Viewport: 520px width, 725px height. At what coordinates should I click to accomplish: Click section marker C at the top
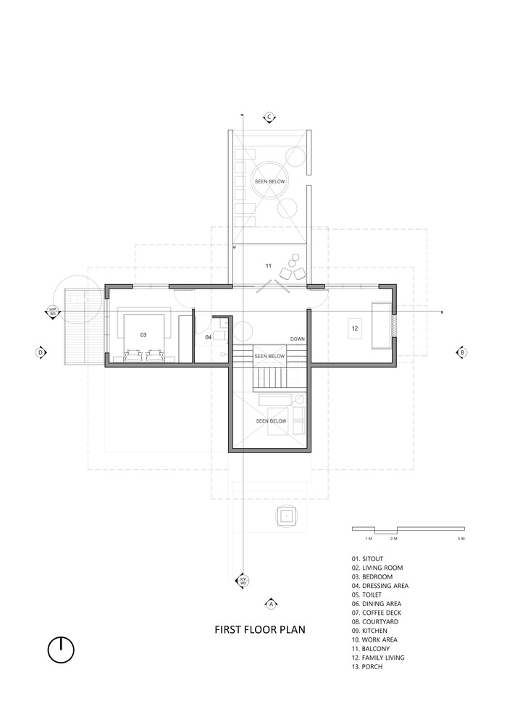click(269, 116)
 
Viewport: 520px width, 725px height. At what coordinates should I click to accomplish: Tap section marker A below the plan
click(270, 603)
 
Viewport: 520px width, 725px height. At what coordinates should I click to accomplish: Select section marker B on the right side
click(461, 352)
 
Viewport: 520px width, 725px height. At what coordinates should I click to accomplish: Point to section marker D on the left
click(41, 352)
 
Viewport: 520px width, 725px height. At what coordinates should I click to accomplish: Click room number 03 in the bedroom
click(143, 335)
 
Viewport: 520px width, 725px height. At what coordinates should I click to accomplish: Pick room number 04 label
click(209, 337)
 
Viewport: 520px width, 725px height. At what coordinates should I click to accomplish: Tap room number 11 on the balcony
click(268, 266)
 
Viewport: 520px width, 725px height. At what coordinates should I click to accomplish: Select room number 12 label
click(355, 328)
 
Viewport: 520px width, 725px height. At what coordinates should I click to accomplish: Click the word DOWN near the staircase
click(298, 339)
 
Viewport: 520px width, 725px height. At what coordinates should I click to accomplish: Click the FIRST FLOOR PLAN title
click(259, 630)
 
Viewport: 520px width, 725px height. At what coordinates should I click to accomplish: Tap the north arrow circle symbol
click(62, 649)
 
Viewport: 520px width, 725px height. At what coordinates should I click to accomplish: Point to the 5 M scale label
click(461, 540)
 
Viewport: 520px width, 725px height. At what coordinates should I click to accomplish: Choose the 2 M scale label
click(393, 540)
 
